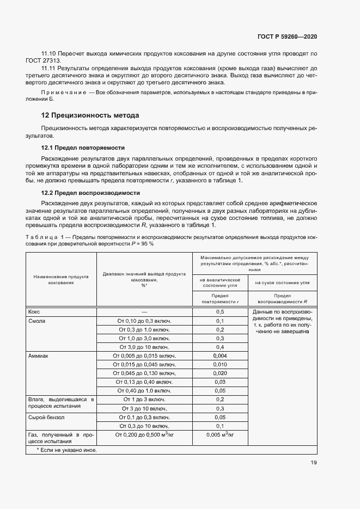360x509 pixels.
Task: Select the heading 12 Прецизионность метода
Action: click(90, 115)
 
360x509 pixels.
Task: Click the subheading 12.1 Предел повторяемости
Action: click(83, 148)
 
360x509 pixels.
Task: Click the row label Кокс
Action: click(34, 312)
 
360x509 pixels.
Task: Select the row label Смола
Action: click(36, 321)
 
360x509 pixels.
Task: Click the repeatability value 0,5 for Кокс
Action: click(220, 312)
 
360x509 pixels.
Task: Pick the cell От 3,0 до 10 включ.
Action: click(144, 347)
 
